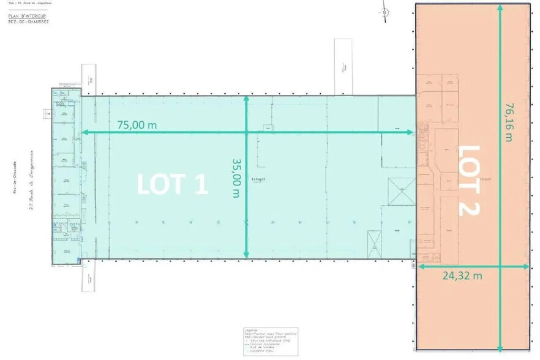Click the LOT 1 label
[x=173, y=184]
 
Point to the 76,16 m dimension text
[x=509, y=122]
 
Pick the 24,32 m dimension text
[x=462, y=276]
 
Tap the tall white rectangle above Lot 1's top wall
[x=342, y=67]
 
